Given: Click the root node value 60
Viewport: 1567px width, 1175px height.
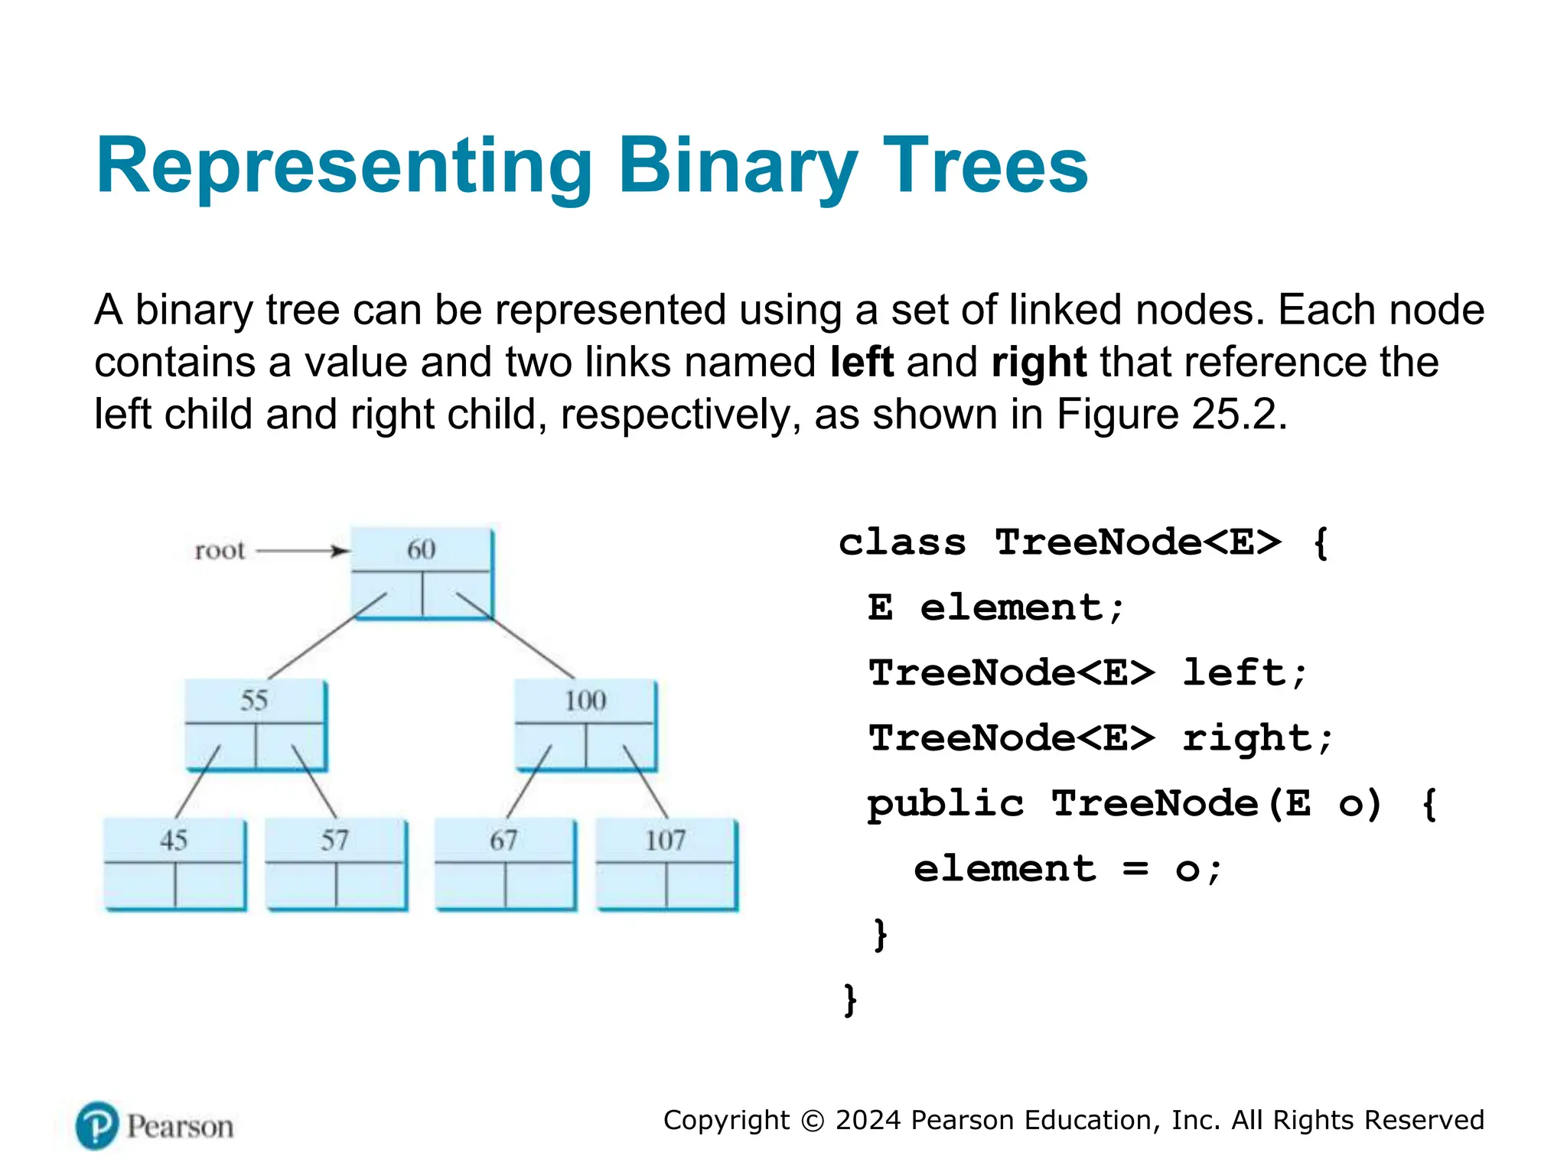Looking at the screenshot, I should pos(421,549).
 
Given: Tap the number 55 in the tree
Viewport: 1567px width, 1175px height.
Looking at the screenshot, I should pos(254,700).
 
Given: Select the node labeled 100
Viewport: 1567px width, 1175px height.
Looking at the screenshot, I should pos(585,700).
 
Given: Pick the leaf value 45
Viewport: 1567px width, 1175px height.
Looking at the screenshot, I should pos(174,840).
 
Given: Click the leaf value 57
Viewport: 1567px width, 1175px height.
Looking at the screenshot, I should pos(335,840).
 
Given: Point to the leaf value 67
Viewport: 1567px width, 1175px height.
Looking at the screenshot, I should pos(503,840).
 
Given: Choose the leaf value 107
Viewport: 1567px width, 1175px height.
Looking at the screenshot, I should pos(665,840).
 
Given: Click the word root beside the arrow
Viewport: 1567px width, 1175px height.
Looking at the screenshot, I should pos(220,550).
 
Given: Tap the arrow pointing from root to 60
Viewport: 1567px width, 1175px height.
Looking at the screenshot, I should pos(302,551).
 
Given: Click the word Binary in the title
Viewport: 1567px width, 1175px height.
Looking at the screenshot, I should pos(738,166).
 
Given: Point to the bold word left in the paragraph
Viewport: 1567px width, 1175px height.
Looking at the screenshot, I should pos(862,362).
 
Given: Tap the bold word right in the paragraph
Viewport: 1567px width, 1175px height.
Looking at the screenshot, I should pos(1038,362).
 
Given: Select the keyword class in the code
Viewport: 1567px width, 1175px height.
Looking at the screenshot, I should pos(902,542).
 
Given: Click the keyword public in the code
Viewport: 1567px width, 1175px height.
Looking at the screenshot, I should pos(945,803).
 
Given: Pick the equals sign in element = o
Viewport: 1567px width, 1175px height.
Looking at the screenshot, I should pos(1135,868).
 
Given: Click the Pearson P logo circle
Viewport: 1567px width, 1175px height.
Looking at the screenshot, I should pos(97,1125).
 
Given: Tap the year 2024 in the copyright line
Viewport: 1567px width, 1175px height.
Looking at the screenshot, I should pos(868,1120).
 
